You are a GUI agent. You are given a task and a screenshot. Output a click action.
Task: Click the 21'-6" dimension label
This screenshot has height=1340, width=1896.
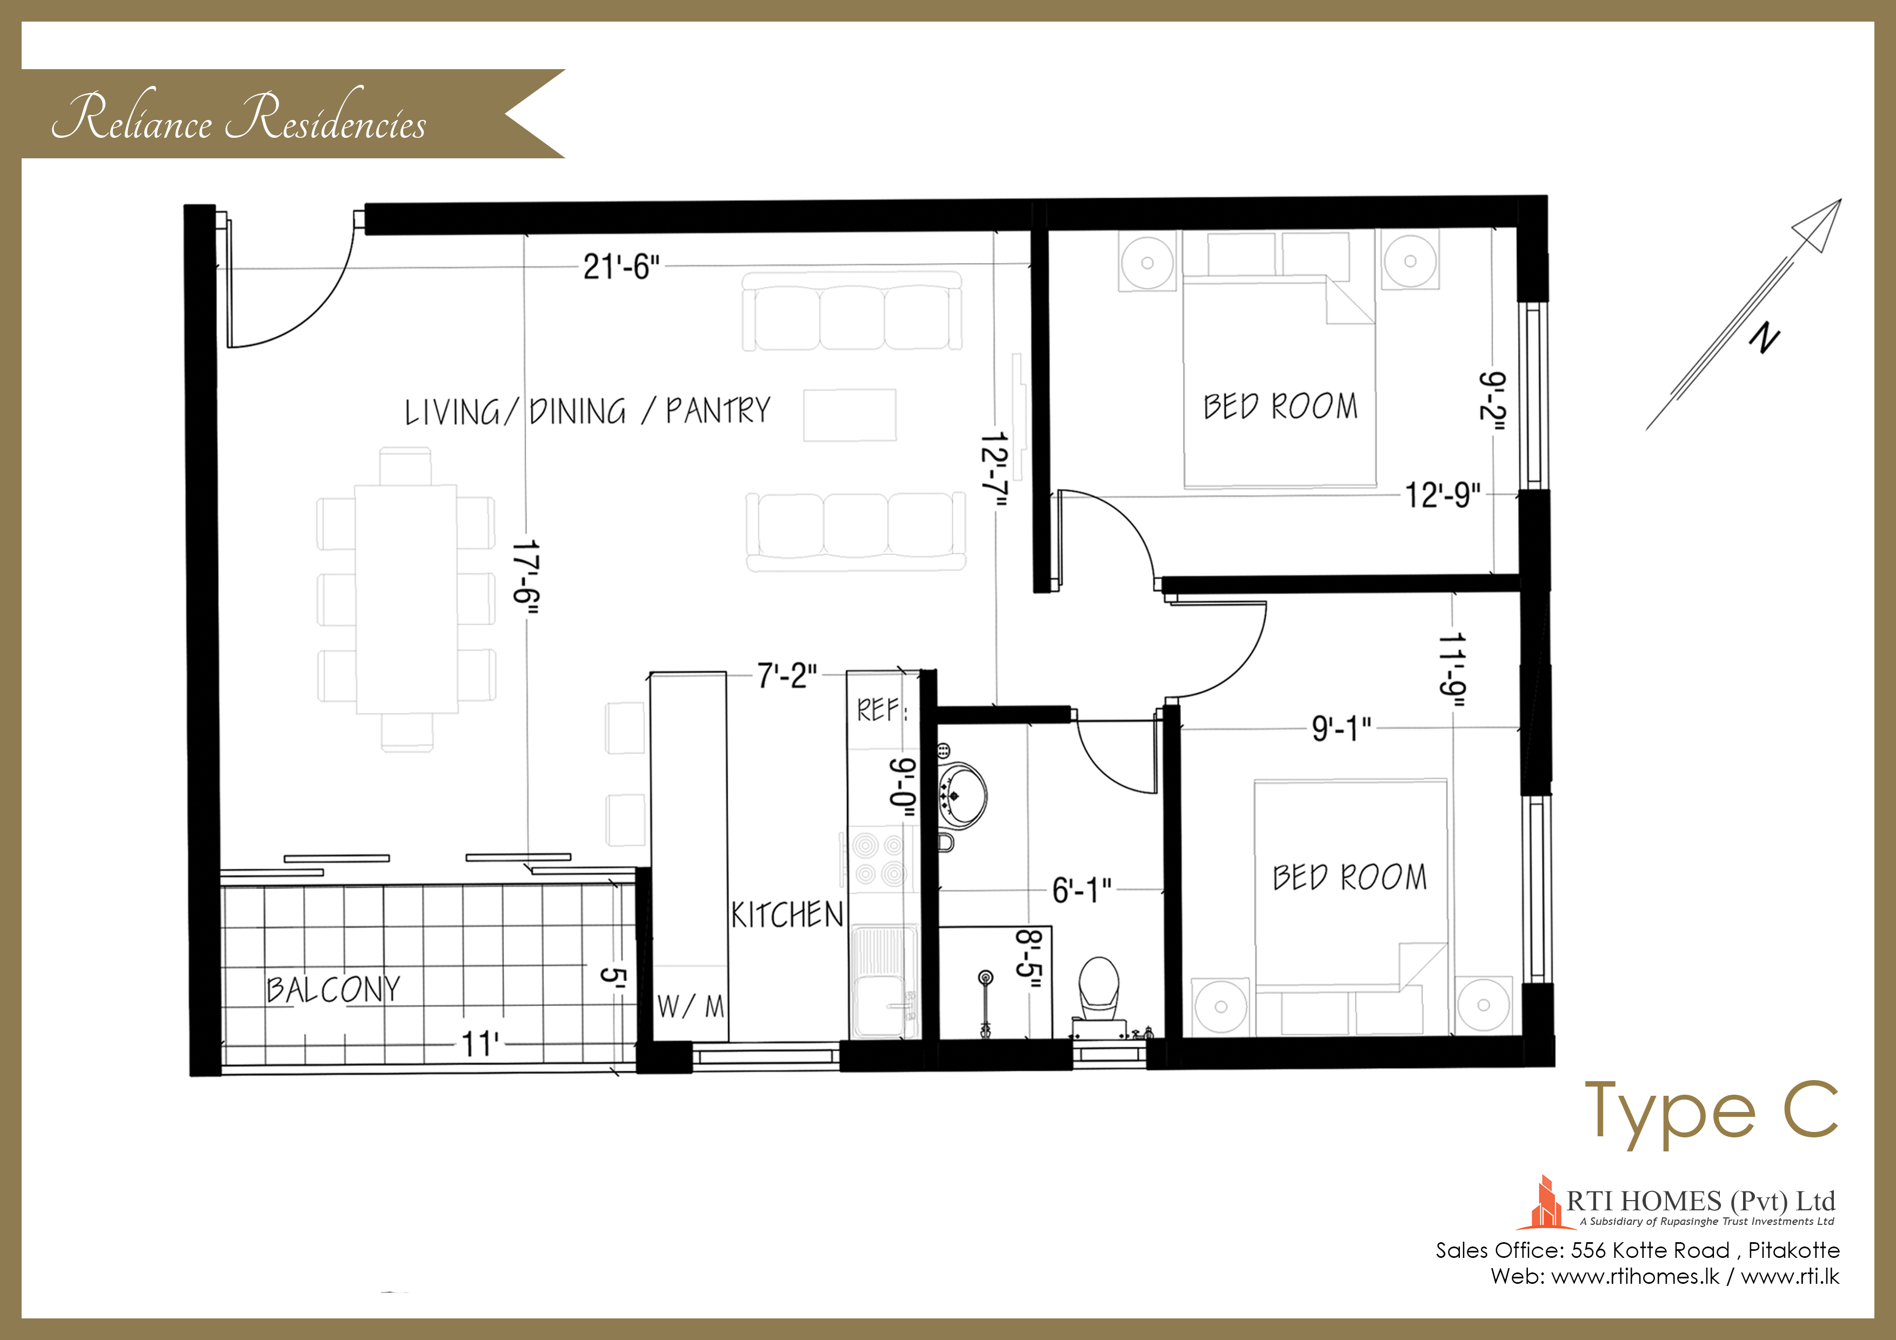[621, 267]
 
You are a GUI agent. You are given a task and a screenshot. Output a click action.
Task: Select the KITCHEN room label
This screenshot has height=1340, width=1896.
[787, 915]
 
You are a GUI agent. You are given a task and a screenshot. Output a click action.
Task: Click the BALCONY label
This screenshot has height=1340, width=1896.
[333, 989]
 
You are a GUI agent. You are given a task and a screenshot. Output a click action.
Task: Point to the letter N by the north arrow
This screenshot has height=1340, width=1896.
[1765, 338]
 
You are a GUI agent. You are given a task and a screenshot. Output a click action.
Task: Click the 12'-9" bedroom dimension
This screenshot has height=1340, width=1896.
[1443, 495]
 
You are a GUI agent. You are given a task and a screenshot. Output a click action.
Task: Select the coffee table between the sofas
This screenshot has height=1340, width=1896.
[850, 416]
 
